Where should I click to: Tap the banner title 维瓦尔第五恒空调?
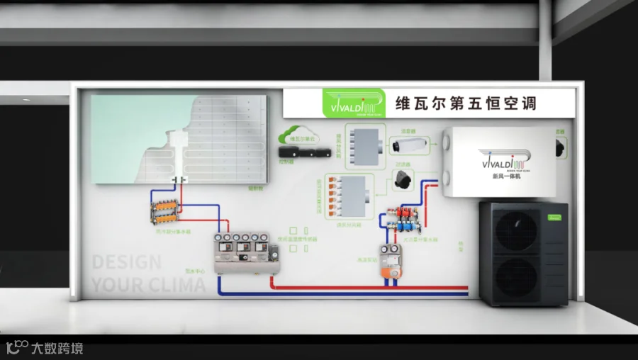pyautogui.click(x=465, y=103)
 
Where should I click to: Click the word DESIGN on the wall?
pyautogui.click(x=127, y=263)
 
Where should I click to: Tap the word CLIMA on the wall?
pyautogui.click(x=173, y=286)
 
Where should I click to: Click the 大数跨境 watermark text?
pyautogui.click(x=57, y=348)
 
